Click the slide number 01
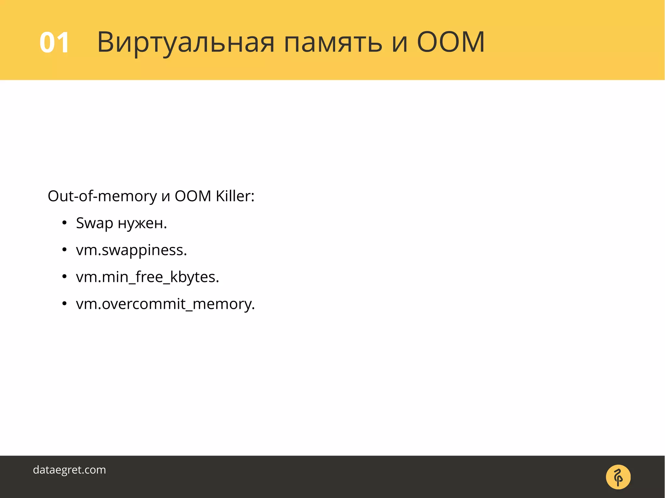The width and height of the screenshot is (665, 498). pos(54,43)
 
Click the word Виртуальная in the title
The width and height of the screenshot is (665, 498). pos(186,43)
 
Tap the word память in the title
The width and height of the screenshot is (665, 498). pos(333,43)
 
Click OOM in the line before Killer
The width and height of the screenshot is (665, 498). pos(193,196)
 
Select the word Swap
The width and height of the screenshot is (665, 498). pos(94,224)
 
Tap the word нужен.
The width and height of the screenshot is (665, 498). pos(142,224)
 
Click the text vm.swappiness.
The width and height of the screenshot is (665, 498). pos(131,250)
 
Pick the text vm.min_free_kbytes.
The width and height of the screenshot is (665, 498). pos(147,277)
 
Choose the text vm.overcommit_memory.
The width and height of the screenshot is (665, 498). pos(165,304)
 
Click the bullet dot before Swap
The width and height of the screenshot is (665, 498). pos(64,223)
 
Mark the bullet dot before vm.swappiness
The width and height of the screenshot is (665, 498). pos(64,250)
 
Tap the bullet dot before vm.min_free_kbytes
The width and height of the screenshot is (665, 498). pos(64,277)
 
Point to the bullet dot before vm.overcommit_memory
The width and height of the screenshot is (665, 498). pos(64,304)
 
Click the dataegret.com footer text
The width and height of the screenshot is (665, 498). pos(69,470)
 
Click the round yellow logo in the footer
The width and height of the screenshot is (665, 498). pos(618,477)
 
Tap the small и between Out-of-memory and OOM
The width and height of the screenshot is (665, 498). pos(166,197)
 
